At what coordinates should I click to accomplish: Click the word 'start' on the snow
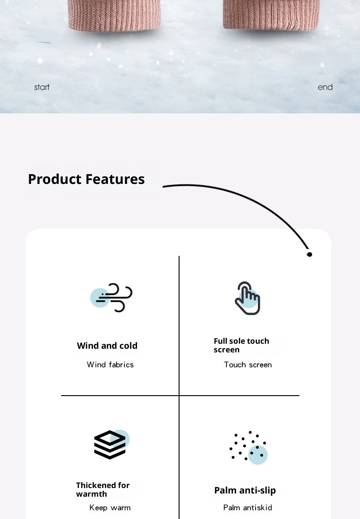41,87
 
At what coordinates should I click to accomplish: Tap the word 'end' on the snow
325,87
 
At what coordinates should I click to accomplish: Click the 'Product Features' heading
86,179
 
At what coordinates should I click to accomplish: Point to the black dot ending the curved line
309,254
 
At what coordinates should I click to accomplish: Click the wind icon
114,297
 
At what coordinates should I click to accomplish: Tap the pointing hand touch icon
247,298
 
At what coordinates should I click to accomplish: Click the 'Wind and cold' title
107,346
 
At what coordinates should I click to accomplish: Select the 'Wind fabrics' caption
110,365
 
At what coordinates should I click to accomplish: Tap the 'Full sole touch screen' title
242,345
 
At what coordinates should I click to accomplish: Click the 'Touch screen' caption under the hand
248,365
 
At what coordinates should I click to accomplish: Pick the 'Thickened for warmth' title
103,489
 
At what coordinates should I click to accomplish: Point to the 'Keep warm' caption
110,508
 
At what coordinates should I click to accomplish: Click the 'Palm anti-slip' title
245,490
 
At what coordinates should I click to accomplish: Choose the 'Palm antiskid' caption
247,508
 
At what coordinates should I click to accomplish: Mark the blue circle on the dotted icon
258,455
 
